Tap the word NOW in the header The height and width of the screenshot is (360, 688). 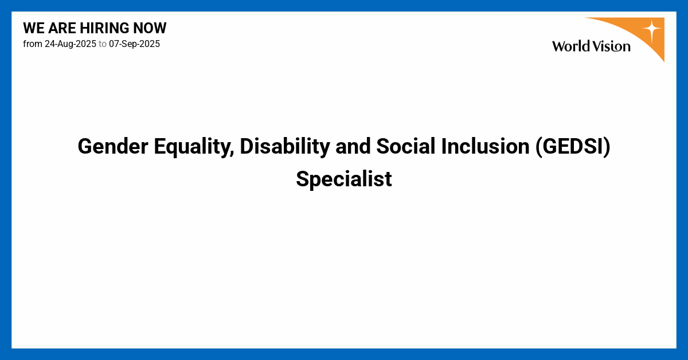[151, 28]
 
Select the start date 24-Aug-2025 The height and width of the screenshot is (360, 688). [71, 44]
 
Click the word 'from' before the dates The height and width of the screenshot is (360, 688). [32, 44]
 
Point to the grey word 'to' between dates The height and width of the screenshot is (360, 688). [103, 44]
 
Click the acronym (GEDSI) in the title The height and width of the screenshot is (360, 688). [572, 147]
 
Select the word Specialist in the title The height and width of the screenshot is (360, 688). [344, 179]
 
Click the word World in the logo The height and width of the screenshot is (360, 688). [571, 46]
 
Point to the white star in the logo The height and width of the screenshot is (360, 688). [651, 30]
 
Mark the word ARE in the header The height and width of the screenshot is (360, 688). [62, 28]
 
